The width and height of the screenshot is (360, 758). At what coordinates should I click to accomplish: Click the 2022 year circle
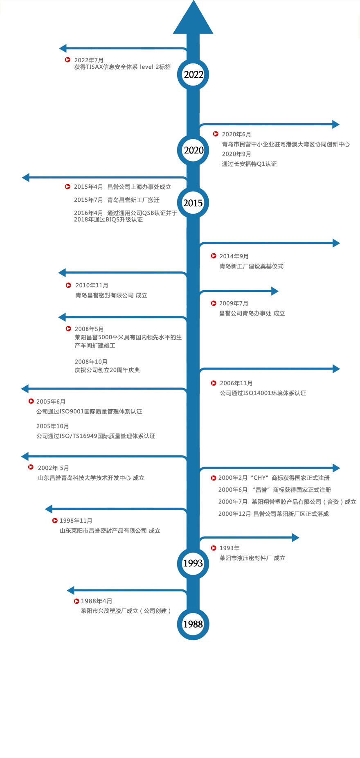pos(193,74)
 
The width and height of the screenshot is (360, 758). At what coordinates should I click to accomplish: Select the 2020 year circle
pos(193,150)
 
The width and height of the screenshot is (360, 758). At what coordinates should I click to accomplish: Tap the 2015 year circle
pos(193,203)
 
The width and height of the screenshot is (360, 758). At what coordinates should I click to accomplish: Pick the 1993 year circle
pos(193,564)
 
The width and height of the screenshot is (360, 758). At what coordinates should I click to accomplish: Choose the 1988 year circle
pos(193,624)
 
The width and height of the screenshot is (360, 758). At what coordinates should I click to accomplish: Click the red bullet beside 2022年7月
pos(68,60)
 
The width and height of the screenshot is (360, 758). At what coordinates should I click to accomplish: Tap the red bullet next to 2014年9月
pos(214,256)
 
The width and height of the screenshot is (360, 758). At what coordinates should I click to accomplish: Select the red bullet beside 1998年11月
pos(55,521)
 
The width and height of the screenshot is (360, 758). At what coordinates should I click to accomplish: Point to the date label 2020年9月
pos(236,154)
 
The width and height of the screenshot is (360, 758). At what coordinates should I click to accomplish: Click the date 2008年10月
pos(91,362)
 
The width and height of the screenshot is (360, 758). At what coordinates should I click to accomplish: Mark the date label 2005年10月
pos(52,426)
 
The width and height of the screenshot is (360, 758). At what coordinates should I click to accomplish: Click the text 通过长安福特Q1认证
pos(249,164)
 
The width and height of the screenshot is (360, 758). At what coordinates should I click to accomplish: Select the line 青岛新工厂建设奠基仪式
pos(251,266)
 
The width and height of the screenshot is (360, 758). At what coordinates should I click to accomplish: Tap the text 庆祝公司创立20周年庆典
pos(107,370)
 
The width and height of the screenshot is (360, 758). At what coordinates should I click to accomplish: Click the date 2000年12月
pos(234,514)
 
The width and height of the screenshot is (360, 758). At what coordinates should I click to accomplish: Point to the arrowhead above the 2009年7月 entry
pos(274,291)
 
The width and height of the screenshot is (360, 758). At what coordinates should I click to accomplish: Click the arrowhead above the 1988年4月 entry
pos(71,590)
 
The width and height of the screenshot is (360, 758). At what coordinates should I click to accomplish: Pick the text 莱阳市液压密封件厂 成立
pos(252,558)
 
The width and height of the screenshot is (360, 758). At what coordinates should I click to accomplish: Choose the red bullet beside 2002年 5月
pos(31,467)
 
